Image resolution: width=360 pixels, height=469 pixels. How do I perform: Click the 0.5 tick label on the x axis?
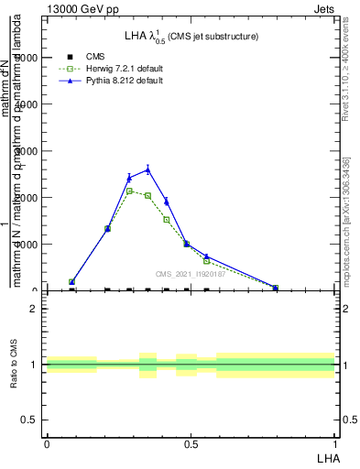[x=191, y=443]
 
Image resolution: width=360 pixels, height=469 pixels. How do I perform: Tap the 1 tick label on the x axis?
[x=335, y=443]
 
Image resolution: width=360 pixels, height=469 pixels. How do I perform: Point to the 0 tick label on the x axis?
[x=47, y=443]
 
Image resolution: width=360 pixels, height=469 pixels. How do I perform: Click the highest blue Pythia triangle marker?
[x=147, y=169]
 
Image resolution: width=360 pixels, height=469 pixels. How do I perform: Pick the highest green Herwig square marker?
[x=130, y=191]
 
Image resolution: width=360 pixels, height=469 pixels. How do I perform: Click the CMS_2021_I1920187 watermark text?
[x=191, y=275]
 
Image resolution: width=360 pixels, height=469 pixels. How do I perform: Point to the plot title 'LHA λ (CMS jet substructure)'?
[x=191, y=37]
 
